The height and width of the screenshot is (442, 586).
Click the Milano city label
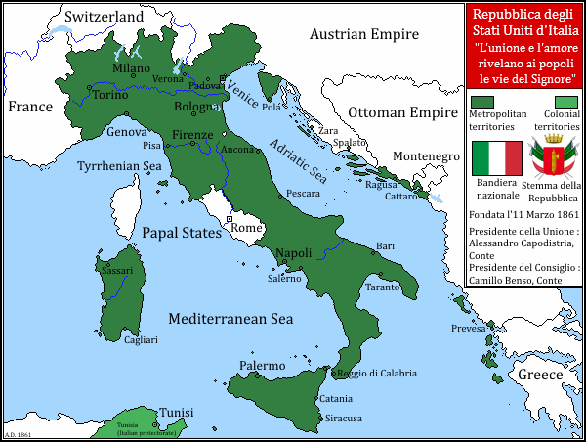(x=131, y=69)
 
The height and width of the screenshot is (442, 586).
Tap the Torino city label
(x=110, y=95)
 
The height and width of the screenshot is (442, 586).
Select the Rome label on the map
(x=245, y=228)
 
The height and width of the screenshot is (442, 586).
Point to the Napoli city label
(x=293, y=253)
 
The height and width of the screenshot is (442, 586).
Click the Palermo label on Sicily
(x=263, y=366)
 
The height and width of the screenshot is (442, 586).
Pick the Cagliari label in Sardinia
(x=141, y=340)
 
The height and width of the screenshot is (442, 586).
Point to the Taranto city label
(x=383, y=287)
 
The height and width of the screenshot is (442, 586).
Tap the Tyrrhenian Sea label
(x=119, y=166)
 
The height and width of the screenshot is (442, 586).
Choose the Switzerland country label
(x=104, y=17)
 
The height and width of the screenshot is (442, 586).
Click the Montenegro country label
(x=426, y=156)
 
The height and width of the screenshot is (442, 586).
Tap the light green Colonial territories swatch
(x=565, y=101)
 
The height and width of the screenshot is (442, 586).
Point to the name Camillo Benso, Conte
(x=515, y=280)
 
